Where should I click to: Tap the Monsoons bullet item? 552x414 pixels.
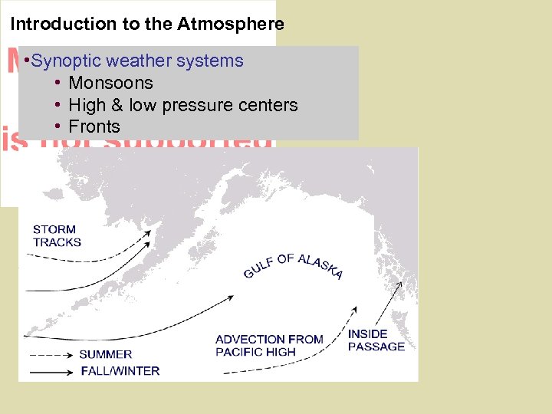click(110, 83)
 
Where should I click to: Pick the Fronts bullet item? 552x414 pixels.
click(94, 127)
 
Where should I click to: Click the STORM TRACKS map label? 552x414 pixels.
click(56, 235)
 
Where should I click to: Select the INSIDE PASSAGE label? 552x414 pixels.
click(376, 340)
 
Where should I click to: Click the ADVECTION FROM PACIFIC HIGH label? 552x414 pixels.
click(269, 346)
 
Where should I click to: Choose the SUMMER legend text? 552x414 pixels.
click(106, 354)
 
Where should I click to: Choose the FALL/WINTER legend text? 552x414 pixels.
click(120, 371)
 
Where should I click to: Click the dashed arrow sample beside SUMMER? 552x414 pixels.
click(52, 354)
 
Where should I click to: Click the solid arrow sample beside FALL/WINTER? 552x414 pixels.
click(52, 371)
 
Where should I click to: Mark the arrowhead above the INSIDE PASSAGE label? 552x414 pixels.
click(398, 284)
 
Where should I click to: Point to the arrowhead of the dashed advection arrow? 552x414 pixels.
click(354, 310)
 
